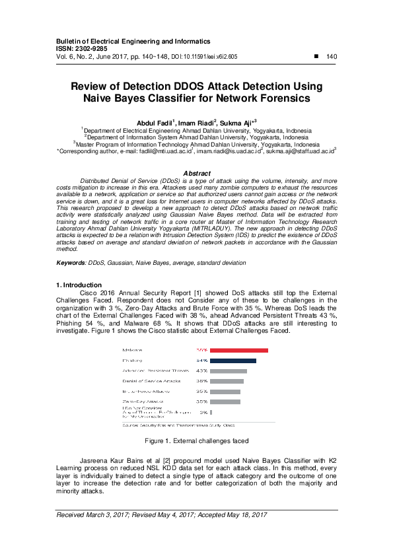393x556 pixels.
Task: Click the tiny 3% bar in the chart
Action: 211,412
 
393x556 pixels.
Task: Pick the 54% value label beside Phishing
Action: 202,361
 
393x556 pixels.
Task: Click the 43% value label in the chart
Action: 202,371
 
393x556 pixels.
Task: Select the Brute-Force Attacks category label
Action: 143,392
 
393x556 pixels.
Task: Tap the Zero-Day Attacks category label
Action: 141,401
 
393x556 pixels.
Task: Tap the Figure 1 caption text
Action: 196,440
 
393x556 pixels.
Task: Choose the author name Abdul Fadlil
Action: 155,123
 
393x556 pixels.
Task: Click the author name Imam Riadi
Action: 195,123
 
